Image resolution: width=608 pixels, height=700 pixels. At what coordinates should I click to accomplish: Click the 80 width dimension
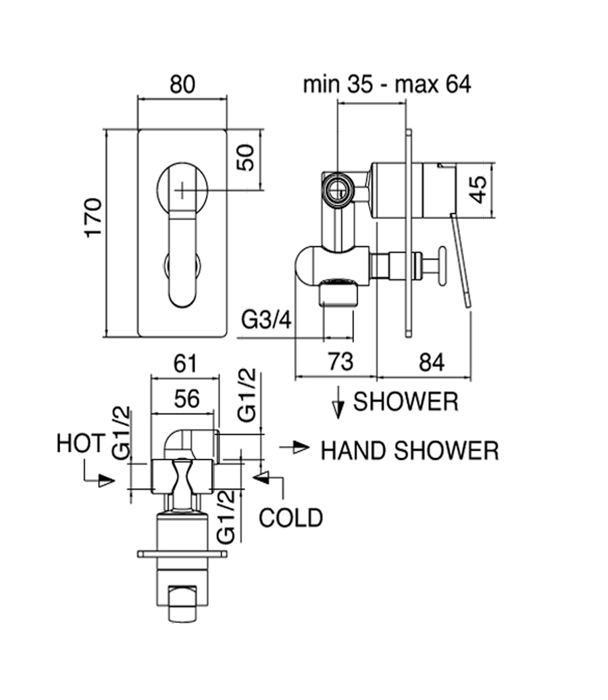[x=182, y=84]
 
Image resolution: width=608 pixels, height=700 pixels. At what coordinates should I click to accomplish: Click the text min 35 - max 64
[x=386, y=84]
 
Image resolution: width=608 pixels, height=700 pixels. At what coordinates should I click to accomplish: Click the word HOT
[x=80, y=444]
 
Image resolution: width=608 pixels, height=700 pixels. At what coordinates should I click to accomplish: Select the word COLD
[x=291, y=518]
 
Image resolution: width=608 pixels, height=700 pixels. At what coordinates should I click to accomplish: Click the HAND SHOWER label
[x=409, y=451]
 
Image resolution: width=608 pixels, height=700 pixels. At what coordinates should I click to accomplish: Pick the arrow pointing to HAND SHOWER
[x=296, y=447]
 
